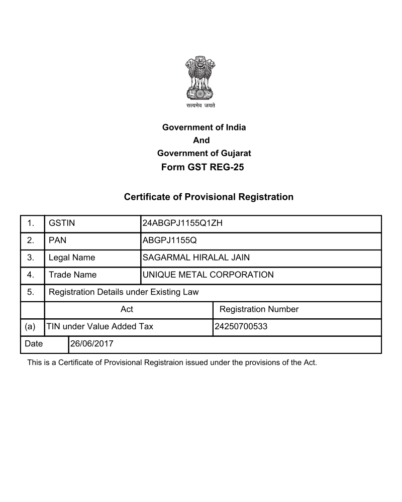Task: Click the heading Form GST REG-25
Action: pyautogui.click(x=203, y=167)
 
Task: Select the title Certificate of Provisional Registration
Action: pyautogui.click(x=209, y=197)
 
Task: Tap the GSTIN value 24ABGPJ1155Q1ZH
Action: pyautogui.click(x=182, y=223)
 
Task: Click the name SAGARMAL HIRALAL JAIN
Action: pyautogui.click(x=196, y=258)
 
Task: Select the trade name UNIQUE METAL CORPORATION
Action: pyautogui.click(x=208, y=275)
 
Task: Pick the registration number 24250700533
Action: pyautogui.click(x=241, y=327)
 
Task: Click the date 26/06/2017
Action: pyautogui.click(x=92, y=344)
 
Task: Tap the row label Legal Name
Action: pyautogui.click(x=72, y=258)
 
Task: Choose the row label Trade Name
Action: pyautogui.click(x=73, y=275)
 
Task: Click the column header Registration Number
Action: pyautogui.click(x=259, y=309)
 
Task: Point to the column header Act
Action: pyautogui.click(x=127, y=309)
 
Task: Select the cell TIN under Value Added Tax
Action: pyautogui.click(x=100, y=327)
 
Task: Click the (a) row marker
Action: pyautogui.click(x=30, y=327)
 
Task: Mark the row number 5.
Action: pyautogui.click(x=31, y=292)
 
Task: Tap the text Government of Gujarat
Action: pyautogui.click(x=204, y=153)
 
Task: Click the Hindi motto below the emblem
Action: pyautogui.click(x=200, y=106)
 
